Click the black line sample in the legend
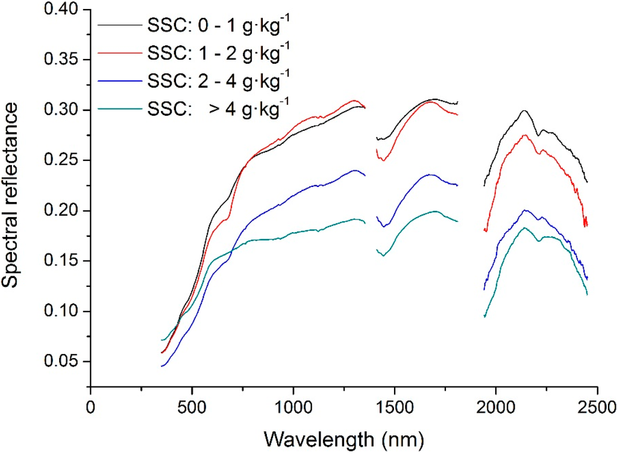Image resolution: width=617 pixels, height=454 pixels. coord(120,27)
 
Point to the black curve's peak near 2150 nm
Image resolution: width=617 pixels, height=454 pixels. coord(524,110)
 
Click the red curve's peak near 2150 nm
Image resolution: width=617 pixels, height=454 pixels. coord(524,135)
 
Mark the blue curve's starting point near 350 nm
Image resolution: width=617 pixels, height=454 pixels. coord(161,366)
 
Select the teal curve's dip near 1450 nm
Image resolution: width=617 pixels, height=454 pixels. coord(383,256)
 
